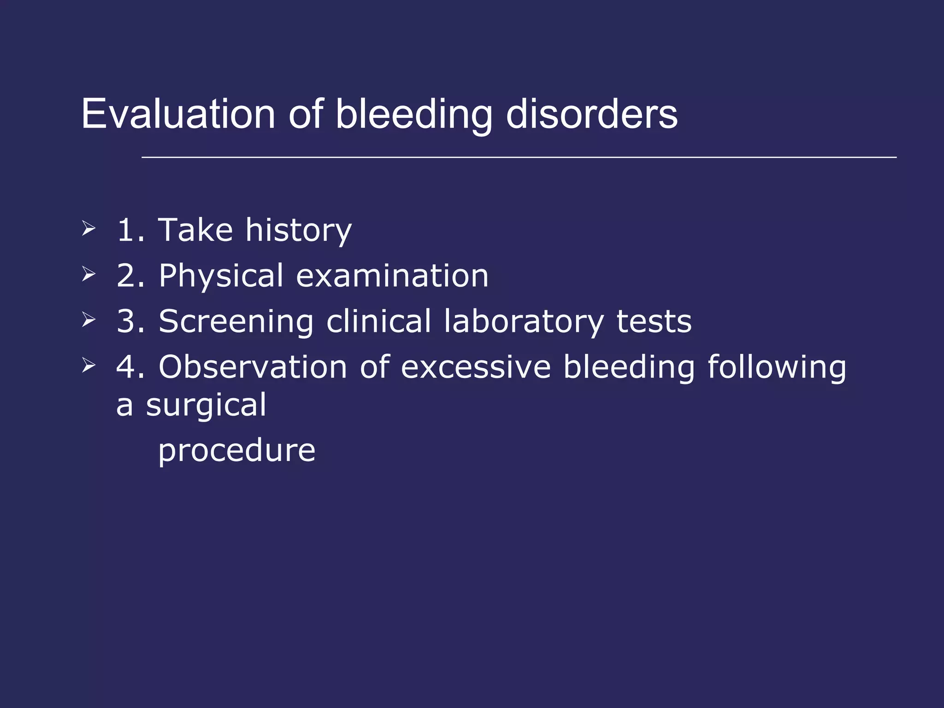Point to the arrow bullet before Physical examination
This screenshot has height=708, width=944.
coord(88,274)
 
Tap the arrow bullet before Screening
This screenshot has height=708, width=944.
coord(88,319)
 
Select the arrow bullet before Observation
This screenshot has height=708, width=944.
coord(88,365)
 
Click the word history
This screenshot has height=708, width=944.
coord(298,230)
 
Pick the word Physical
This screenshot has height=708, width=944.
coord(221,276)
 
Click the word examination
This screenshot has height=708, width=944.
coord(392,276)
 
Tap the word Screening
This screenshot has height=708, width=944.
coord(236,322)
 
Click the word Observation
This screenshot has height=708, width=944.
coord(253,367)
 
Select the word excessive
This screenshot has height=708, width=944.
coord(476,367)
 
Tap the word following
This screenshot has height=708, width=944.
coord(777,368)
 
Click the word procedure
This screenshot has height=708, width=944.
coord(236,451)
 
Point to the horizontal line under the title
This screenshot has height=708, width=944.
coord(519,157)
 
